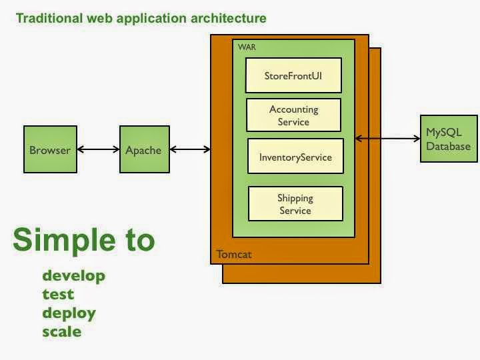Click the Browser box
pyautogui.click(x=49, y=150)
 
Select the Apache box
pyautogui.click(x=143, y=150)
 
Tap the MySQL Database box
pyautogui.click(x=449, y=139)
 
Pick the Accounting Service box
pyautogui.click(x=293, y=115)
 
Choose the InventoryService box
pyautogui.click(x=295, y=158)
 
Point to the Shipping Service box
pyautogui.click(x=295, y=203)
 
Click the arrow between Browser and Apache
pyautogui.click(x=97, y=150)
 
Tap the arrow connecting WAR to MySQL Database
pyautogui.click(x=387, y=139)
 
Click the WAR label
pyautogui.click(x=247, y=47)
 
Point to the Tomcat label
pyautogui.click(x=234, y=255)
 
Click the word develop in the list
pyautogui.click(x=73, y=275)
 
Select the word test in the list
pyautogui.click(x=58, y=294)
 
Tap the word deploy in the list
pyautogui.click(x=69, y=313)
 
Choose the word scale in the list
pyautogui.click(x=62, y=331)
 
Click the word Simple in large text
pyautogui.click(x=61, y=240)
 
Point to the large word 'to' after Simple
pyautogui.click(x=138, y=240)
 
